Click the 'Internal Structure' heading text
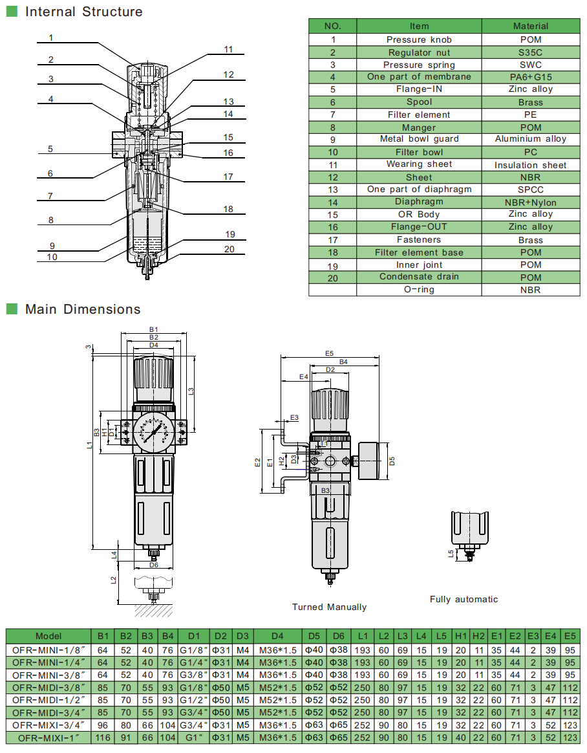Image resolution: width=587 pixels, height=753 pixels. point(83,12)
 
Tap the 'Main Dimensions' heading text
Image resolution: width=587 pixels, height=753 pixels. point(83,309)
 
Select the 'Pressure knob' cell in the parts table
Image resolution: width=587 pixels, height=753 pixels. point(419,39)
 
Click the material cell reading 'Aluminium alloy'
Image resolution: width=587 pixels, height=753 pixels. point(530,139)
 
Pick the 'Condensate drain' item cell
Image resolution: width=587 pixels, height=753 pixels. point(419,277)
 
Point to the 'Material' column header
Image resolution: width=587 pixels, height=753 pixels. point(530,26)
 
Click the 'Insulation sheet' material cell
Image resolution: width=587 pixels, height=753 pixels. point(530,165)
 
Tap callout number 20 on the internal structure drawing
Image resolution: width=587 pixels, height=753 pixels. point(229,250)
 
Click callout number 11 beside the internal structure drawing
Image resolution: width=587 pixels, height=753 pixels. point(229,50)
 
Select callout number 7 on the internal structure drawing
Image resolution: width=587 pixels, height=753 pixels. point(50,196)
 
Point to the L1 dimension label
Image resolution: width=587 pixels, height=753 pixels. point(89,446)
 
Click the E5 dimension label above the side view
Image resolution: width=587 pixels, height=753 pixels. point(329,353)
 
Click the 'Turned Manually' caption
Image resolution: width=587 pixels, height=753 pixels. point(329,607)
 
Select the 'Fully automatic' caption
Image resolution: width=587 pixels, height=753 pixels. point(464,599)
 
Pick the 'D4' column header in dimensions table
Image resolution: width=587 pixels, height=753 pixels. point(277,636)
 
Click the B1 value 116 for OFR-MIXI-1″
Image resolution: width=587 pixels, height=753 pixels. point(103,737)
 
